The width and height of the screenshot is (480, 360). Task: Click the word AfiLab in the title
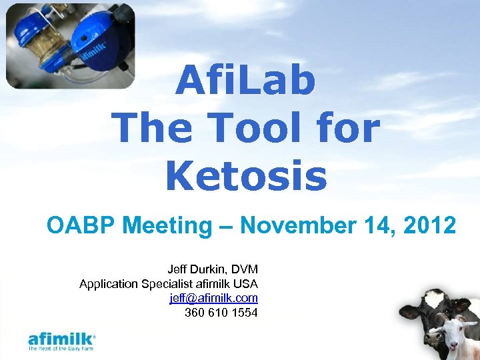click(x=246, y=82)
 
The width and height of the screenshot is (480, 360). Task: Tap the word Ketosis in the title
click(x=246, y=176)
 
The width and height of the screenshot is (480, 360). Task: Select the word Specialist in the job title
click(x=169, y=284)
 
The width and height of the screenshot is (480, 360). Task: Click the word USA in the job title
click(x=245, y=284)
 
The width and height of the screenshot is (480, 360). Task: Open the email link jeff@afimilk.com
click(x=214, y=298)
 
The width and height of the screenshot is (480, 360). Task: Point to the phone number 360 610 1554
click(x=221, y=312)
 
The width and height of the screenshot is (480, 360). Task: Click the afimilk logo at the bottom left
click(x=62, y=337)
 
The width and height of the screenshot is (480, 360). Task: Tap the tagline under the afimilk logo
click(x=61, y=348)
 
